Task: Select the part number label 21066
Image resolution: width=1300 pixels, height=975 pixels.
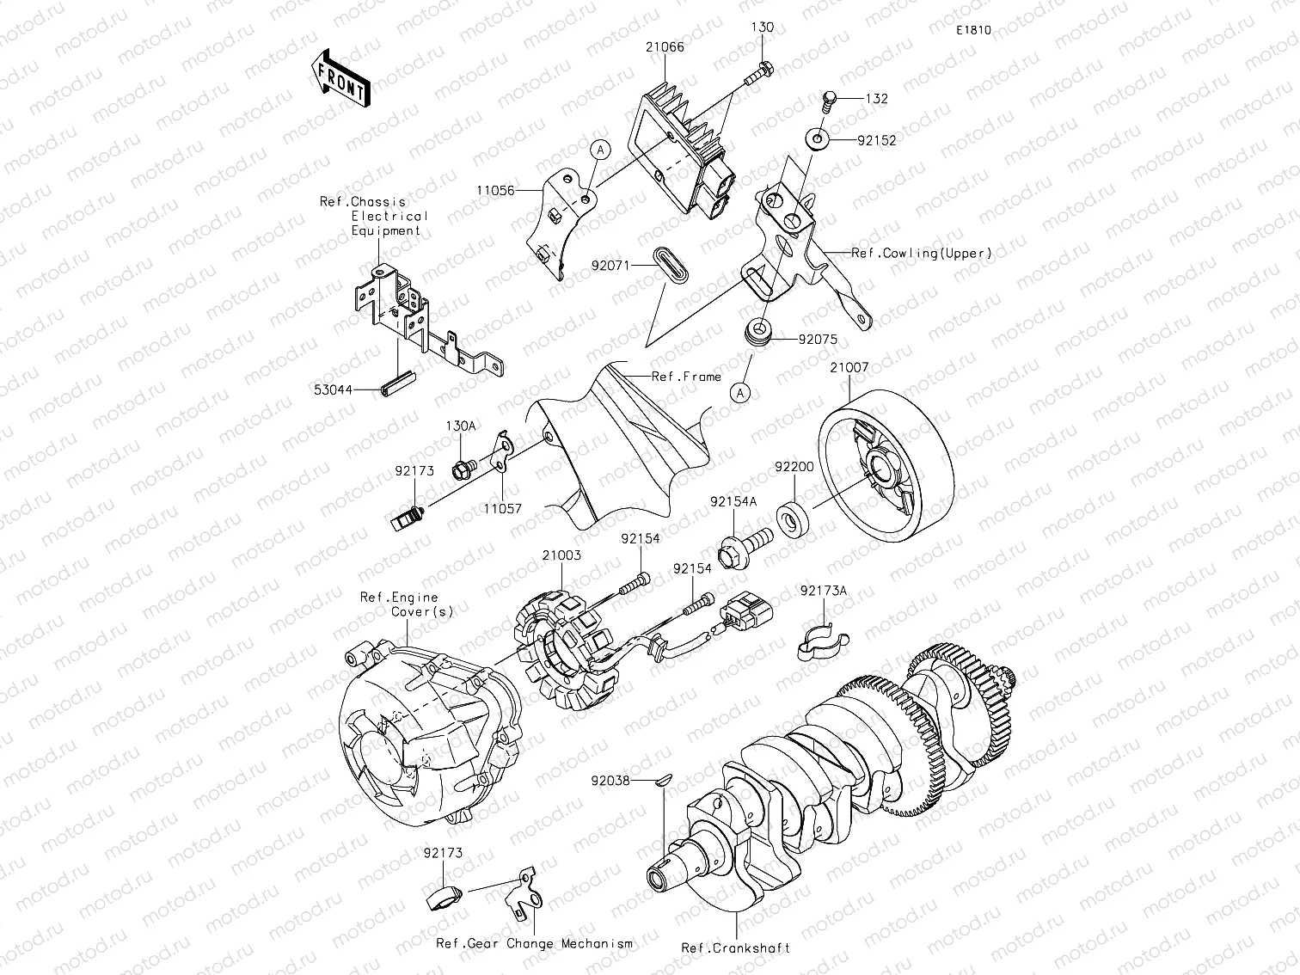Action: (x=665, y=47)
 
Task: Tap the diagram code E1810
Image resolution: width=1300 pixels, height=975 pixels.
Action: (x=973, y=30)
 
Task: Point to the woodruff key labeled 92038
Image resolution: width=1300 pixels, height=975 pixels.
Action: (x=660, y=782)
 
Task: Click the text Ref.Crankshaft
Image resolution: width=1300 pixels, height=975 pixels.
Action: (x=736, y=948)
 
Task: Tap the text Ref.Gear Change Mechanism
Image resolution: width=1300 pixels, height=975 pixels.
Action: (x=534, y=943)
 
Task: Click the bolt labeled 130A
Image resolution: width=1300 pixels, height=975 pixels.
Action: (x=463, y=469)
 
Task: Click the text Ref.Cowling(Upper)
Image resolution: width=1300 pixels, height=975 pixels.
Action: (x=922, y=253)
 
